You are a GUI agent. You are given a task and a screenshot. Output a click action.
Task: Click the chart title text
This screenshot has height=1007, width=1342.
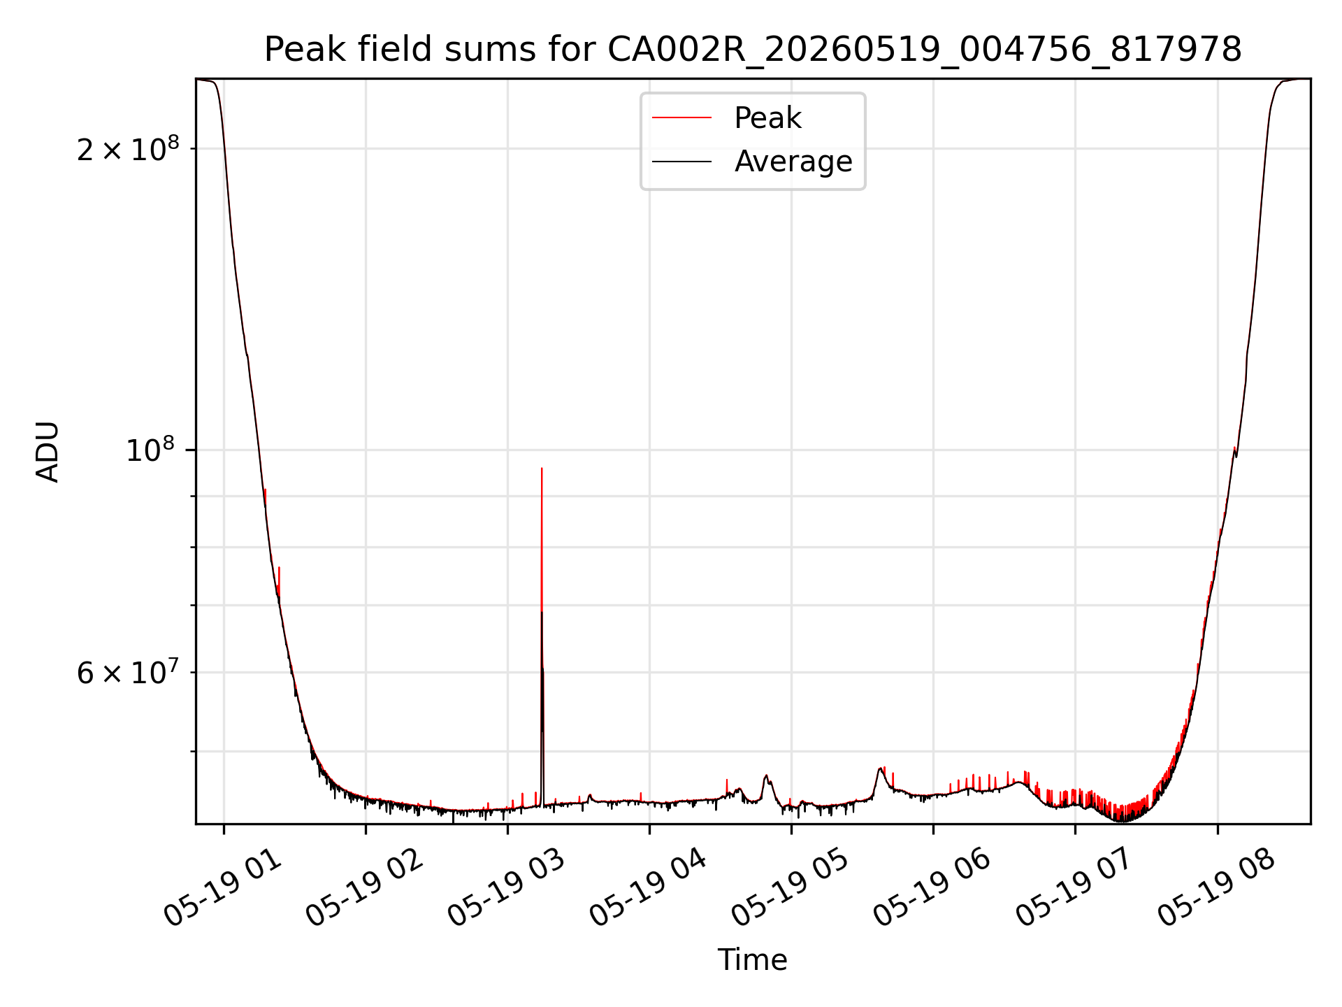pyautogui.click(x=753, y=50)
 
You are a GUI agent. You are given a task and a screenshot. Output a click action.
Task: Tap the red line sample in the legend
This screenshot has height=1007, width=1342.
pyautogui.click(x=681, y=118)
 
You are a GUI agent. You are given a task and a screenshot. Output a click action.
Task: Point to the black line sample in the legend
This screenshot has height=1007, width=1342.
pyautogui.click(x=681, y=162)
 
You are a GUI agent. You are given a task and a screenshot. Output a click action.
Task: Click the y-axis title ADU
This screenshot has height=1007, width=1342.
pyautogui.click(x=48, y=451)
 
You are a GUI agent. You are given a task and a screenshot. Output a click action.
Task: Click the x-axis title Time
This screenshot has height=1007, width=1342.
pyautogui.click(x=753, y=960)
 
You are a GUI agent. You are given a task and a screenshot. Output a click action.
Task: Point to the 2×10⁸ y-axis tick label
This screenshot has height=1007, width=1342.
pyautogui.click(x=128, y=148)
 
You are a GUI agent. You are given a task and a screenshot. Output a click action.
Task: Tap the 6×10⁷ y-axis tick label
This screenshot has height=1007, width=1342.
pyautogui.click(x=128, y=672)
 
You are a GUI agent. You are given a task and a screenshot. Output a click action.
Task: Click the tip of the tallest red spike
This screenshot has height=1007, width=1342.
pyautogui.click(x=542, y=469)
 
